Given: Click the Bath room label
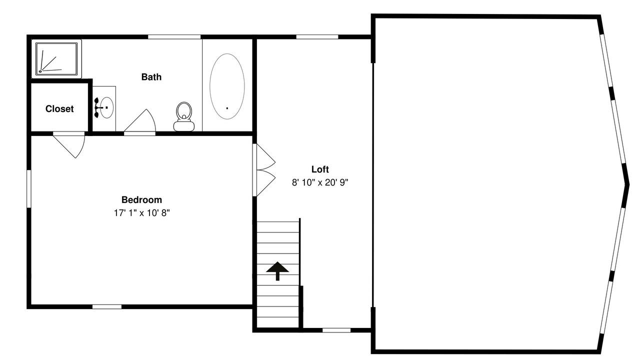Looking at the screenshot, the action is pyautogui.click(x=151, y=77).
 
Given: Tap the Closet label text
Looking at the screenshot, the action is pyautogui.click(x=59, y=109).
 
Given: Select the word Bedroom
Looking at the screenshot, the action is pyautogui.click(x=141, y=199).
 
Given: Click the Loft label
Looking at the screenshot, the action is pyautogui.click(x=320, y=169).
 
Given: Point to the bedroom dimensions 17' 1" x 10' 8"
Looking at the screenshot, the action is pyautogui.click(x=141, y=213).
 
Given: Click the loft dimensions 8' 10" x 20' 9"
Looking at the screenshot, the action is pyautogui.click(x=320, y=182).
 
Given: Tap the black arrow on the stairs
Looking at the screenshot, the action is pyautogui.click(x=277, y=271).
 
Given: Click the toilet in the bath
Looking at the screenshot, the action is pyautogui.click(x=184, y=116).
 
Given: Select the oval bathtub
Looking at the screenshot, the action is pyautogui.click(x=227, y=86).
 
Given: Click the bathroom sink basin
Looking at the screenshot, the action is pyautogui.click(x=107, y=107).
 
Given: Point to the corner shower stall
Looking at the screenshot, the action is pyautogui.click(x=56, y=59).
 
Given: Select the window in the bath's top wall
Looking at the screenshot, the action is pyautogui.click(x=174, y=37).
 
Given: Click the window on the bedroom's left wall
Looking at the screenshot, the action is pyautogui.click(x=29, y=189).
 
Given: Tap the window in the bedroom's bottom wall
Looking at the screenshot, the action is pyautogui.click(x=107, y=307).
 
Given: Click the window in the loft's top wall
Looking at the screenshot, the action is pyautogui.click(x=317, y=37).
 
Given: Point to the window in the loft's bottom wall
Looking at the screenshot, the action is pyautogui.click(x=336, y=330).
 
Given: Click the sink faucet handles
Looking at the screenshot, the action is pyautogui.click(x=97, y=107).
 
